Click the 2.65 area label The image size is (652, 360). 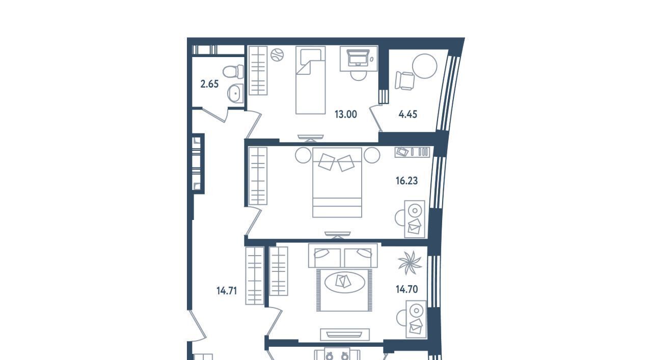click(209, 84)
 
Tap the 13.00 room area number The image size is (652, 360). click(345, 115)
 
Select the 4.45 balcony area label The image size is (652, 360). click(407, 115)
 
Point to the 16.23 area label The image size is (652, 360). click(406, 181)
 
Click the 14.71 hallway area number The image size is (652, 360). click(227, 291)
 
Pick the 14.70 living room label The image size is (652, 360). click(406, 289)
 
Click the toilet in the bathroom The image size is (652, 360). click(233, 72)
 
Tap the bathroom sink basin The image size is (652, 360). click(235, 93)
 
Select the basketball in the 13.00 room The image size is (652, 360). click(277, 55)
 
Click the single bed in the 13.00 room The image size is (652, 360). click(311, 80)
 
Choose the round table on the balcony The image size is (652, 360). click(425, 66)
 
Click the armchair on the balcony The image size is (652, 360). click(404, 80)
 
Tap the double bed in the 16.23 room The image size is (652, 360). click(337, 182)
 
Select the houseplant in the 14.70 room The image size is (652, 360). click(410, 263)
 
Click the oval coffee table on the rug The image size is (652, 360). click(344, 282)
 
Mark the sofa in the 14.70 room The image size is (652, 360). click(343, 256)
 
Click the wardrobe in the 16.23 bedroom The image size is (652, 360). click(258, 176)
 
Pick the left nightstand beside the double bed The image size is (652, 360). click(303, 155)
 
